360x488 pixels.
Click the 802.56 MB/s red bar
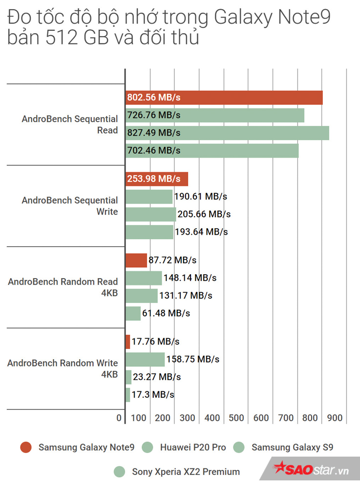point(224,98)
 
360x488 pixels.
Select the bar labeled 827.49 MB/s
point(227,133)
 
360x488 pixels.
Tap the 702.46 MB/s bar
point(212,150)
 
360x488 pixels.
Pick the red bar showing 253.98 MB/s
point(156,179)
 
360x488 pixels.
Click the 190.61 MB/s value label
point(202,197)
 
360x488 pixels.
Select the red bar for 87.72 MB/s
point(136,261)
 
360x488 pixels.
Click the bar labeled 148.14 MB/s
point(144,278)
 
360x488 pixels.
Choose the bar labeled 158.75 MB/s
point(145,360)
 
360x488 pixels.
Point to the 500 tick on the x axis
point(236,418)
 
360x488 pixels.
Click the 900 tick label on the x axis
point(335,418)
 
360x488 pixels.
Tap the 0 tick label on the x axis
point(119,418)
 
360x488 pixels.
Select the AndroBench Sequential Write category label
point(70,206)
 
